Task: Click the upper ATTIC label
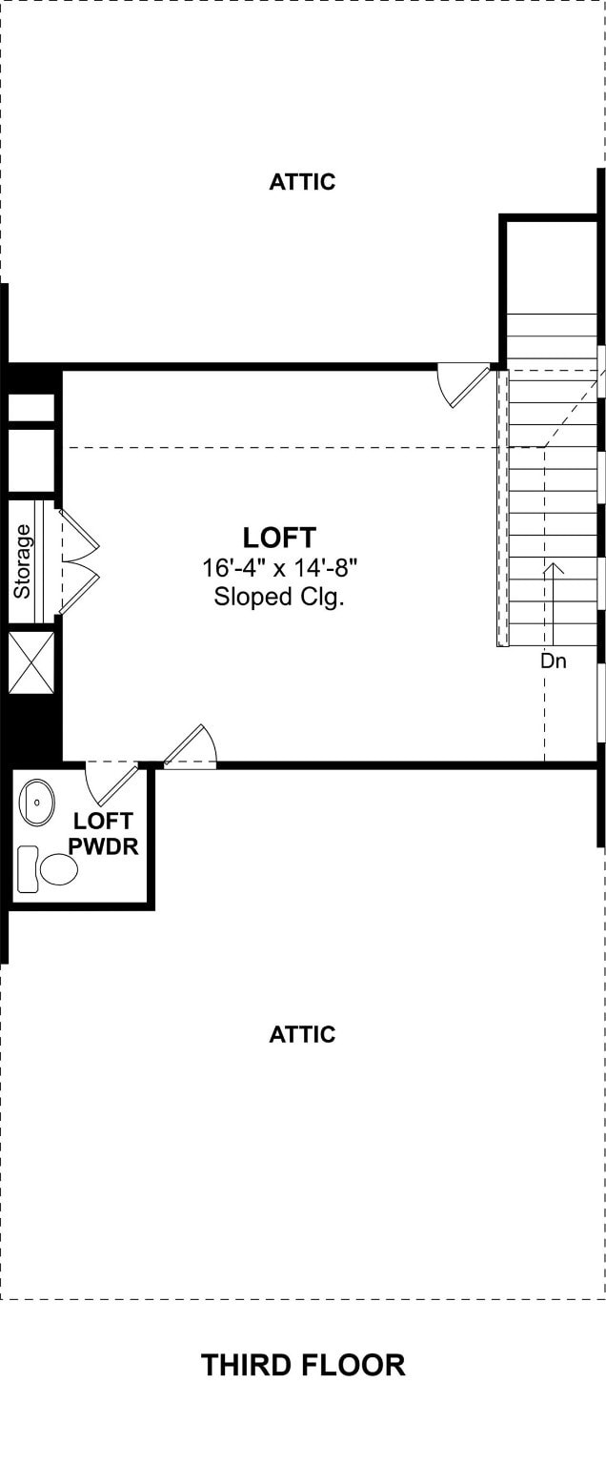click(302, 182)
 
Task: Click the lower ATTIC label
click(302, 1034)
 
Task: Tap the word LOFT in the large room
click(279, 538)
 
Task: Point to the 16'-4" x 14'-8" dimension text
click(279, 568)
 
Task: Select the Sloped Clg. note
click(279, 597)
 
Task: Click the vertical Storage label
click(22, 561)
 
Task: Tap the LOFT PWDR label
click(103, 833)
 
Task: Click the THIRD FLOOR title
click(303, 1365)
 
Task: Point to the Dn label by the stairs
click(553, 661)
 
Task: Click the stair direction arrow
click(553, 604)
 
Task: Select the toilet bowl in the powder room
click(59, 868)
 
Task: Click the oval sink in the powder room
click(36, 802)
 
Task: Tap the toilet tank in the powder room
click(28, 869)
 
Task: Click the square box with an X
click(31, 662)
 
